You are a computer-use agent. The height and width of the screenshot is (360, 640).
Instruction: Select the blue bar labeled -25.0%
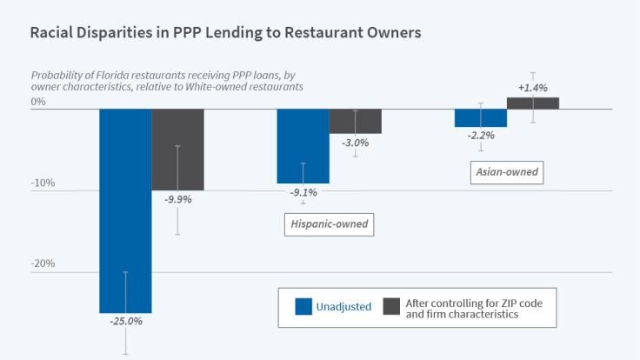125,209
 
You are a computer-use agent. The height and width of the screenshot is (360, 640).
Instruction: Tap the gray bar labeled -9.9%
177,150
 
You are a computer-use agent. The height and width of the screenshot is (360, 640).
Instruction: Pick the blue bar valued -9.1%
303,146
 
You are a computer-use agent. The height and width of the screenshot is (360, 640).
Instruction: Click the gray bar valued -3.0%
355,122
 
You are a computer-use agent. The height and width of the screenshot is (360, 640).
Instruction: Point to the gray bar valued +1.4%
532,103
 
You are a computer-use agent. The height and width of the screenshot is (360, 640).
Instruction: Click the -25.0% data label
125,321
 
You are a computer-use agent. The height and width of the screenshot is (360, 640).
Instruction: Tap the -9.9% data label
177,199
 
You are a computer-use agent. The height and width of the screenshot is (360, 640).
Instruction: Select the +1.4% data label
532,88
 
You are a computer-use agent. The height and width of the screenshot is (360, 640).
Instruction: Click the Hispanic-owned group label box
327,224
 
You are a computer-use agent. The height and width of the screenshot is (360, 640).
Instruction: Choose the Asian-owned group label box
507,172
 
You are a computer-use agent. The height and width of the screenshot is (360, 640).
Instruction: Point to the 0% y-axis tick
38,102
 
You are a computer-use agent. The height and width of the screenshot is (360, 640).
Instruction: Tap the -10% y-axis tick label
43,183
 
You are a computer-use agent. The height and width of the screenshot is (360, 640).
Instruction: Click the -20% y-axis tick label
43,264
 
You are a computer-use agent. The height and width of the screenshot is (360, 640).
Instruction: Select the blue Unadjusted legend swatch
303,306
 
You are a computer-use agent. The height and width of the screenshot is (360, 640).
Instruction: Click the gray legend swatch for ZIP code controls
392,306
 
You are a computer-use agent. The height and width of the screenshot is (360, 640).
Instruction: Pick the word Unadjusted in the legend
345,306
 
